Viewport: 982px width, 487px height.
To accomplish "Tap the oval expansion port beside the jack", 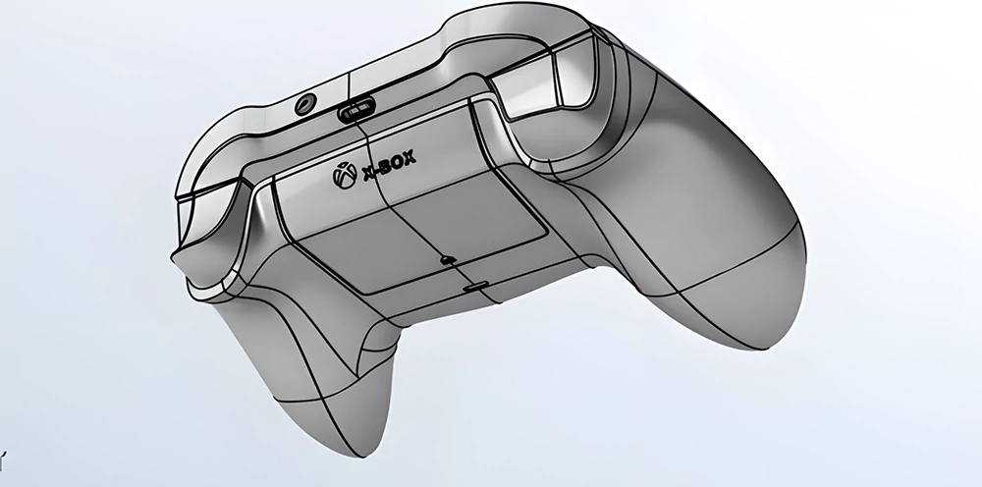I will click(355, 111).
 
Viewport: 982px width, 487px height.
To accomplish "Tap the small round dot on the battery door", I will click(448, 261).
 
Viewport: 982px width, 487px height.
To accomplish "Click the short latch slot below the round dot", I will click(475, 288).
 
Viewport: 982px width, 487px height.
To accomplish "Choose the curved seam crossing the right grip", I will click(707, 285).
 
